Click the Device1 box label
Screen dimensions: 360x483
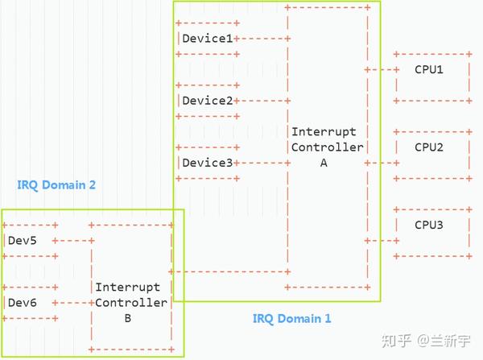tap(207, 38)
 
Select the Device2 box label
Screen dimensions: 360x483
tap(207, 101)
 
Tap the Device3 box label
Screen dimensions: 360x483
tap(207, 163)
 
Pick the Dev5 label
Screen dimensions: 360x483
tap(22, 241)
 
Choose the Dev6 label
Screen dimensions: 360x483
tap(22, 303)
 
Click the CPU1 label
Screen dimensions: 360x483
tap(429, 69)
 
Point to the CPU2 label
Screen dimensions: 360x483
tap(429, 147)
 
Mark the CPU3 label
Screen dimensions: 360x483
tap(429, 225)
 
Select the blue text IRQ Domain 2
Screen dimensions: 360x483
tap(56, 185)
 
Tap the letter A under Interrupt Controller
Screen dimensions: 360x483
tap(324, 163)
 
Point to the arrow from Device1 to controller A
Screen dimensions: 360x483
tap(262, 38)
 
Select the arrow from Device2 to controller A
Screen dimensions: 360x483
tap(262, 101)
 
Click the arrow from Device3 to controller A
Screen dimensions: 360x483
tap(262, 163)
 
